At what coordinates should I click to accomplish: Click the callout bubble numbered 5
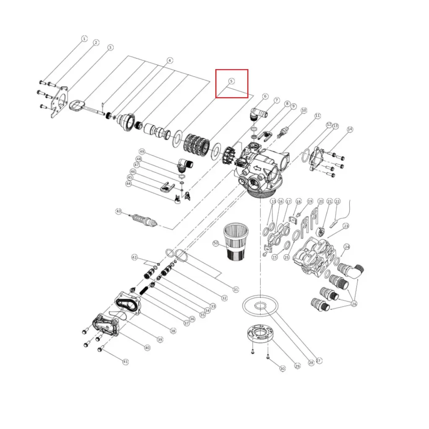click(x=231, y=81)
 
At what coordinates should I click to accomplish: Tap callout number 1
click(x=84, y=39)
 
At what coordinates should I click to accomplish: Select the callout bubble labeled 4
click(x=170, y=60)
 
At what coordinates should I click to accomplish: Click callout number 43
click(x=119, y=211)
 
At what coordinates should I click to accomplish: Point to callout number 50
click(x=216, y=243)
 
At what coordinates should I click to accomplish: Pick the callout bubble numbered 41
click(x=125, y=362)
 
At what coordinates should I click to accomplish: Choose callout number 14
click(x=350, y=129)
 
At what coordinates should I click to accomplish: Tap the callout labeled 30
click(x=282, y=369)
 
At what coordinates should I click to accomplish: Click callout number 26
click(x=354, y=304)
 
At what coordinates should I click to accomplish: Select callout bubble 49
click(x=142, y=152)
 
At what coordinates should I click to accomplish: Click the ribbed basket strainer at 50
click(x=236, y=242)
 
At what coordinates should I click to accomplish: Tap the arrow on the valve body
click(x=257, y=168)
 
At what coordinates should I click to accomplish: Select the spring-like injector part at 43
click(x=145, y=220)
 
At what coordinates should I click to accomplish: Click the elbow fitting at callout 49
click(x=185, y=165)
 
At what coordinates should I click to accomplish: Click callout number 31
click(x=235, y=289)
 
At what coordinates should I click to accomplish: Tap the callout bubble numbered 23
click(x=346, y=226)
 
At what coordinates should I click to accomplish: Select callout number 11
click(x=318, y=116)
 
